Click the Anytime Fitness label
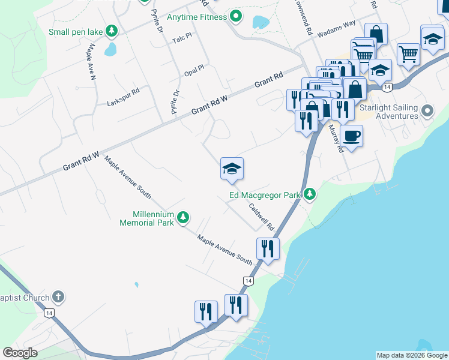(x=197, y=17)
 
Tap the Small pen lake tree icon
(x=111, y=31)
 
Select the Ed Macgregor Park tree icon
(x=309, y=194)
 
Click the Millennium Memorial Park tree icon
(x=184, y=218)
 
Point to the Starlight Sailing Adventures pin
(x=427, y=111)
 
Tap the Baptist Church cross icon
(x=58, y=296)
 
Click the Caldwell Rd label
(x=261, y=217)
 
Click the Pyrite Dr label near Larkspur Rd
(x=175, y=101)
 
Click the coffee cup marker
(x=351, y=136)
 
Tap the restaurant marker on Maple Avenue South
(x=268, y=248)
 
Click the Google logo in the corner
(x=20, y=353)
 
